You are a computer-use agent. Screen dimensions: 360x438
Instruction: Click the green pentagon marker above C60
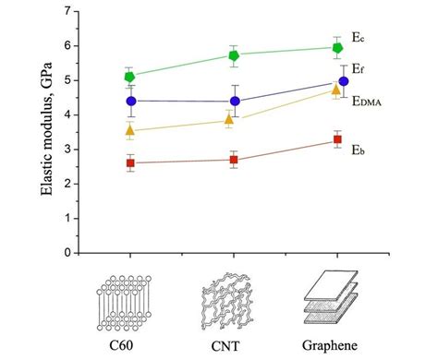tap(129, 77)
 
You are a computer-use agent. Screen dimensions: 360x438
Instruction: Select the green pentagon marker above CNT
tap(235, 55)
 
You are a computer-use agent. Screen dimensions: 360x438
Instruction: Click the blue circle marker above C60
tap(130, 101)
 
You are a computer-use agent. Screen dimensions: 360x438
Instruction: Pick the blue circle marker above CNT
tap(235, 102)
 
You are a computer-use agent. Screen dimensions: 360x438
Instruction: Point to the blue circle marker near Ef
tap(344, 81)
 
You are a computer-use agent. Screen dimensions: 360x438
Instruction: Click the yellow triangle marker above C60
tap(129, 131)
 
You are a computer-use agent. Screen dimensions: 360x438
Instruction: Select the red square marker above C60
tap(129, 162)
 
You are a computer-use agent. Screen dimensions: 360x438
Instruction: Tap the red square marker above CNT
tap(234, 160)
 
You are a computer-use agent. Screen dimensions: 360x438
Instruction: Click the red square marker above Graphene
tap(337, 139)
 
